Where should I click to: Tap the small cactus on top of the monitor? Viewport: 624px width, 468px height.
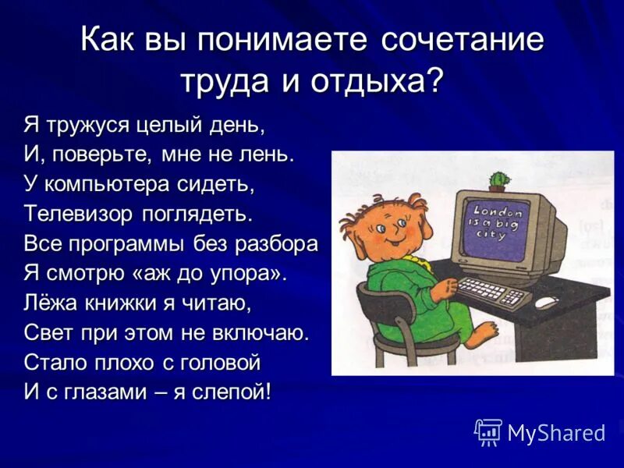click(498, 181)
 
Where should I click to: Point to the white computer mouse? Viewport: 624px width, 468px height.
click(546, 302)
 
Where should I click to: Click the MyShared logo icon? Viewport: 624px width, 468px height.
click(488, 431)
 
